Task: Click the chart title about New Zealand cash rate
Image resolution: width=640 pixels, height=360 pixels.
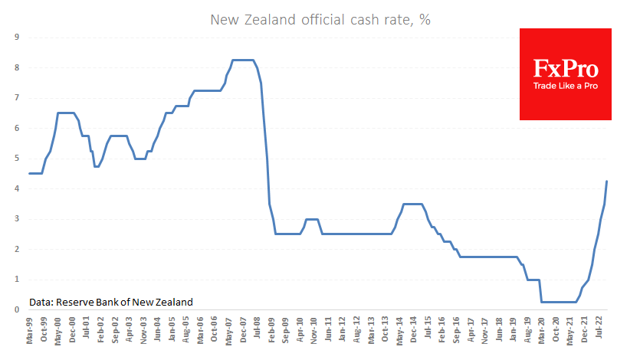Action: click(x=320, y=20)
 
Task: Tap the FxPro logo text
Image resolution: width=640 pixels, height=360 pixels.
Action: click(x=566, y=69)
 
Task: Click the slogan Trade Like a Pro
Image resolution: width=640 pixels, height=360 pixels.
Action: click(x=566, y=86)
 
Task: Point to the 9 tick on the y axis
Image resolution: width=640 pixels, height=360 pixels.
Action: click(x=17, y=37)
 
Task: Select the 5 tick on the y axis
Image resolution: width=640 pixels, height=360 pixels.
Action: click(x=17, y=159)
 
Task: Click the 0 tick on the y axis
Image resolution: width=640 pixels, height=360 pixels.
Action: click(x=17, y=309)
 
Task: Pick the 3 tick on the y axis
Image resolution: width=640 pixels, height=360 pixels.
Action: click(x=17, y=219)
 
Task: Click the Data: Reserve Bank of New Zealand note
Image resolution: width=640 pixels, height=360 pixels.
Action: click(x=110, y=302)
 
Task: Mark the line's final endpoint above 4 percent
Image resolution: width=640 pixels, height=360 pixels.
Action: click(x=607, y=182)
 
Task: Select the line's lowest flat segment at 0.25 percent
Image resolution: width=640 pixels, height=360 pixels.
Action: click(x=559, y=302)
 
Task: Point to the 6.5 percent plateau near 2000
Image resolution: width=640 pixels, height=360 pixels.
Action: click(x=66, y=113)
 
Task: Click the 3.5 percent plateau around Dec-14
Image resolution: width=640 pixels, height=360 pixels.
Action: click(x=412, y=204)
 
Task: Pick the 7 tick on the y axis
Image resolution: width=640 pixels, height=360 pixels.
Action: click(x=17, y=97)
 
